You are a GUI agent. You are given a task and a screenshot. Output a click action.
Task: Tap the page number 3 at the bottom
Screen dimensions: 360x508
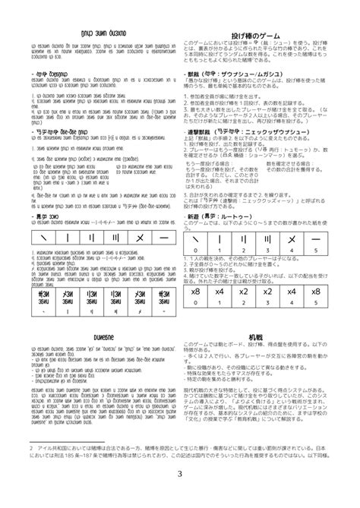pos(180,475)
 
